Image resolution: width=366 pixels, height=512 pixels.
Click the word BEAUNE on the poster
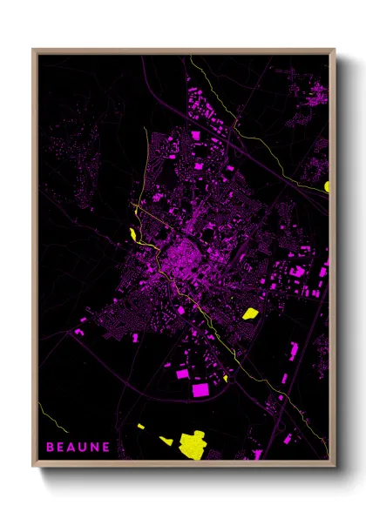tap(78, 447)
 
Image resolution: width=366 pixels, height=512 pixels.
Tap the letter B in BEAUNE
tap(50, 447)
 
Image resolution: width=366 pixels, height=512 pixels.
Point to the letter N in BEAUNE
tap(95, 447)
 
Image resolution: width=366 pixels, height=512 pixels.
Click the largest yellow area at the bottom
tap(191, 444)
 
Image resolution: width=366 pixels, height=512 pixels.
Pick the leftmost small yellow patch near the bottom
tap(141, 426)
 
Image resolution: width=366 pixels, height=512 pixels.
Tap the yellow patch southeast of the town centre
tap(250, 313)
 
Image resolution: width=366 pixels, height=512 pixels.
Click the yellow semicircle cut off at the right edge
tap(327, 185)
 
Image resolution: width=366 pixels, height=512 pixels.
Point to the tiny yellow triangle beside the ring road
tap(225, 378)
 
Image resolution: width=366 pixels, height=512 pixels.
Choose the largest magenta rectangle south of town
tap(200, 389)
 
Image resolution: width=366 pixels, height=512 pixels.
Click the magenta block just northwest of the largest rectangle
tap(182, 373)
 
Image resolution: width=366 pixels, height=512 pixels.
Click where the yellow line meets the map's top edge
tap(191, 57)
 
